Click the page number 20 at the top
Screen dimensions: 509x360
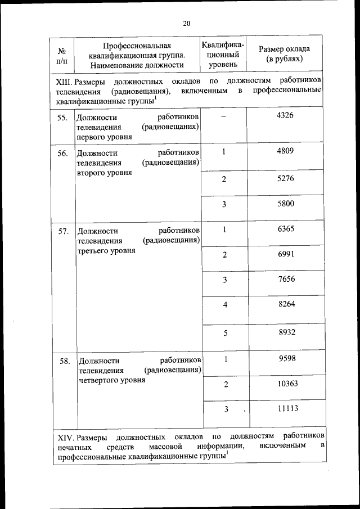(x=187, y=23)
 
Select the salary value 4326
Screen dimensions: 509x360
(x=285, y=115)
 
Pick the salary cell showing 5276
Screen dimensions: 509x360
(x=285, y=178)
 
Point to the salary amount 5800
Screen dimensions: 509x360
(x=285, y=204)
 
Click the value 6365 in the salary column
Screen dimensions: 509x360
(x=285, y=229)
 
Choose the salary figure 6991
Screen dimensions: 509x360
(x=285, y=254)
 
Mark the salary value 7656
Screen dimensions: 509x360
(x=285, y=280)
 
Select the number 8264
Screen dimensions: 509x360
(x=285, y=304)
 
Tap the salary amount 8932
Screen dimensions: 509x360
(x=285, y=332)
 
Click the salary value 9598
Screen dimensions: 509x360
(x=286, y=359)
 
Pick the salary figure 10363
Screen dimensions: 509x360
(x=287, y=384)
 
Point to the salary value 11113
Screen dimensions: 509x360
(x=287, y=409)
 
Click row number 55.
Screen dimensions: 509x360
(x=63, y=118)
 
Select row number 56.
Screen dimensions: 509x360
(x=63, y=153)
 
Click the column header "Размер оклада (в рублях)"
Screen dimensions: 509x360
(x=285, y=53)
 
